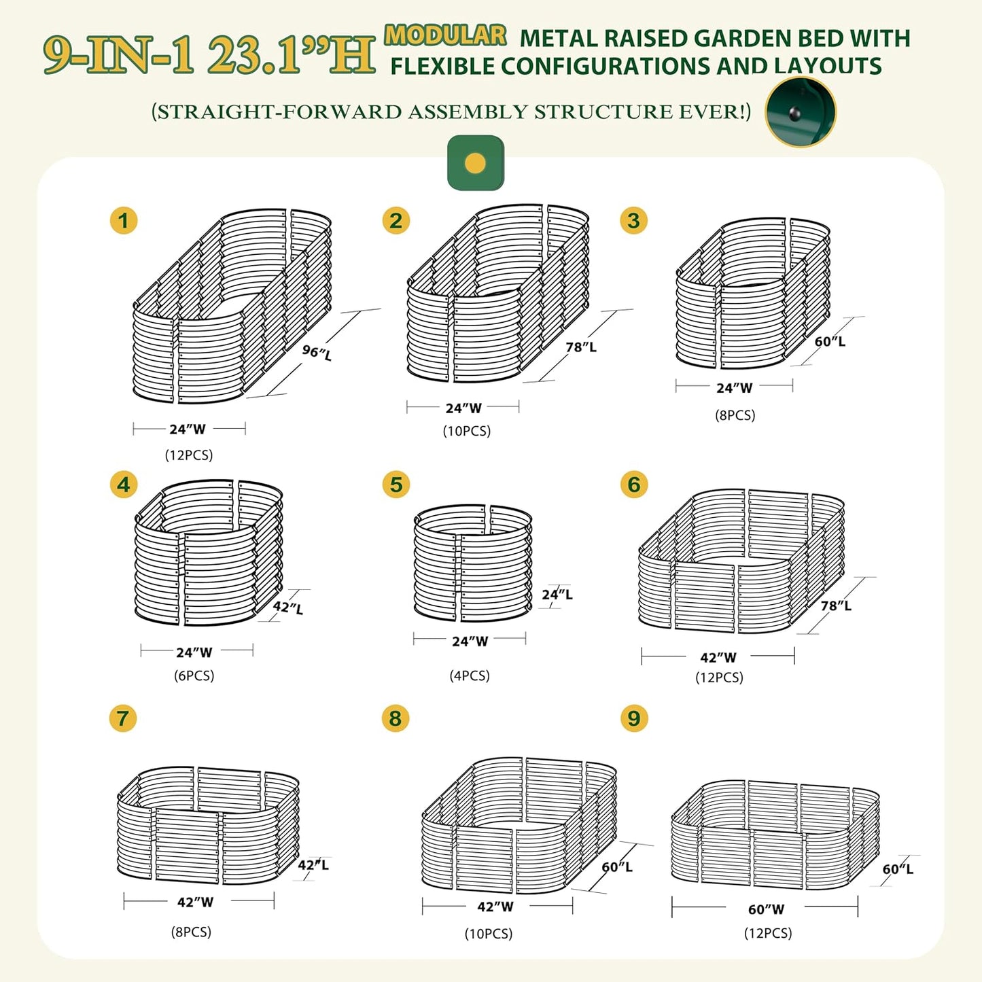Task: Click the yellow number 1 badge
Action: point(124,221)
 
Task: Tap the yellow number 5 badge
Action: point(396,485)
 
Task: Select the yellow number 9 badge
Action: point(634,718)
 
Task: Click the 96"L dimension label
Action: point(317,352)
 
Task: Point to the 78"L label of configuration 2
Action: point(581,347)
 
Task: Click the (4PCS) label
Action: point(470,676)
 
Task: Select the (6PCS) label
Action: point(194,676)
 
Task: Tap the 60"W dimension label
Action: point(766,909)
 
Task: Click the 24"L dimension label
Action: point(557,595)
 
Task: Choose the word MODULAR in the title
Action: point(445,35)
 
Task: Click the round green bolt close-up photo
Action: point(801,112)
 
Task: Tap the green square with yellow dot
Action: point(476,163)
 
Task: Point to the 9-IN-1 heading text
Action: point(119,54)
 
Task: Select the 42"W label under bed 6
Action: point(718,658)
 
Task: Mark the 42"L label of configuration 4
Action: point(288,608)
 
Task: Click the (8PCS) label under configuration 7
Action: point(191,932)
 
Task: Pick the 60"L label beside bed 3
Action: point(830,341)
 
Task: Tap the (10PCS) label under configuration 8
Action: point(489,934)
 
